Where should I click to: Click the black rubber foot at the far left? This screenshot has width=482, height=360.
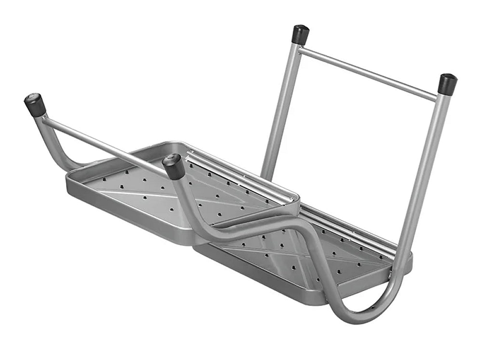click(35, 105)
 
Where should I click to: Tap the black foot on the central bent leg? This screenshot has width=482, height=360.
click(174, 166)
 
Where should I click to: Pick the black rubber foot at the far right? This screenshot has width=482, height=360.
click(447, 83)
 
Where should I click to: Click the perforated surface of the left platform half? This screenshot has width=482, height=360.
click(145, 193)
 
